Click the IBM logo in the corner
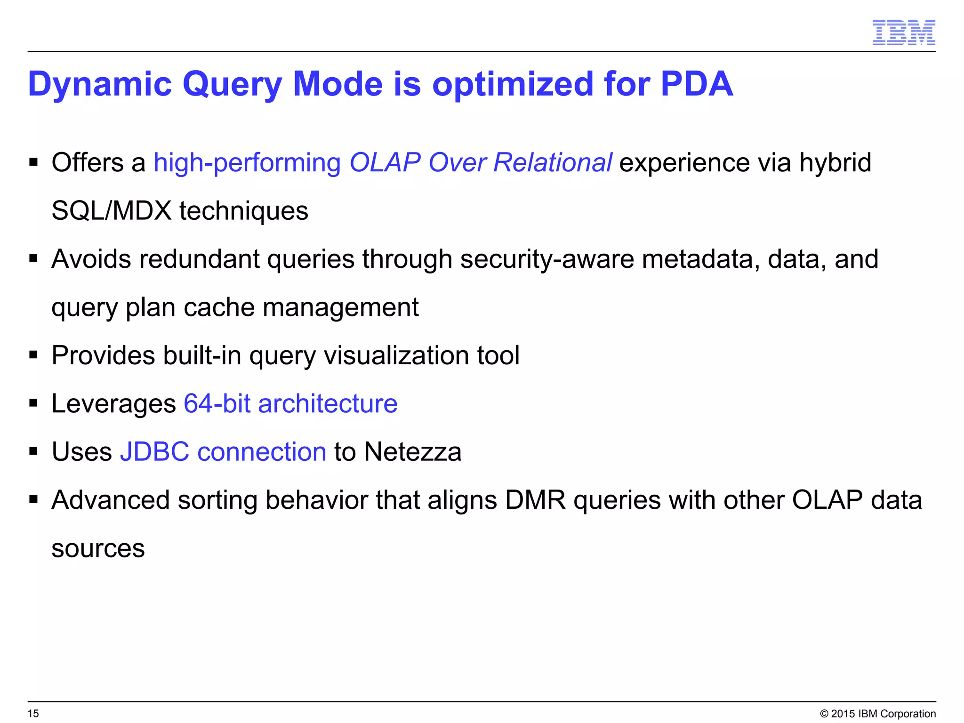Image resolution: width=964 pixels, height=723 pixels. point(903,32)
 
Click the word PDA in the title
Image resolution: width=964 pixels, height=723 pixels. point(697,84)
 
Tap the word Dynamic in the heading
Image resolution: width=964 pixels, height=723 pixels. point(100,84)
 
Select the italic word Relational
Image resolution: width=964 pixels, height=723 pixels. point(553,163)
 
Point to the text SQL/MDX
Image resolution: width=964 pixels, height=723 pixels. point(111,211)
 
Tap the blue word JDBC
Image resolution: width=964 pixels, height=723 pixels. point(154,452)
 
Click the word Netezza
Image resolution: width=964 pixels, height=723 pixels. point(412,452)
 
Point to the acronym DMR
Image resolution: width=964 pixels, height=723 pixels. point(535,500)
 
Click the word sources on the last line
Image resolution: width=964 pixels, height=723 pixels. point(98,549)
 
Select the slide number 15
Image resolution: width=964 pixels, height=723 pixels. point(33,714)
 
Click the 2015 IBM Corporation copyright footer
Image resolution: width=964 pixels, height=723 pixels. point(878,714)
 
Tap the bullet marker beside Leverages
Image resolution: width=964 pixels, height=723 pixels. point(33,403)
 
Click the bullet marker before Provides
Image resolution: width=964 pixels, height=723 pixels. point(33,355)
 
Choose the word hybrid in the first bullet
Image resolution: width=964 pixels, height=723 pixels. point(835,163)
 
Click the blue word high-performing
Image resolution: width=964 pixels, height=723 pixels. point(247,163)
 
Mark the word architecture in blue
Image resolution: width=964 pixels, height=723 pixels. point(328,404)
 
